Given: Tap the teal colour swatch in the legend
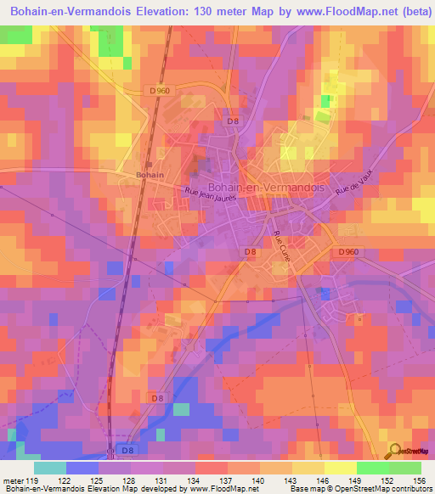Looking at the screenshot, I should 50,467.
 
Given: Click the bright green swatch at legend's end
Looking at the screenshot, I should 405,467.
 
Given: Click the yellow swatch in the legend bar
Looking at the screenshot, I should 341,467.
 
